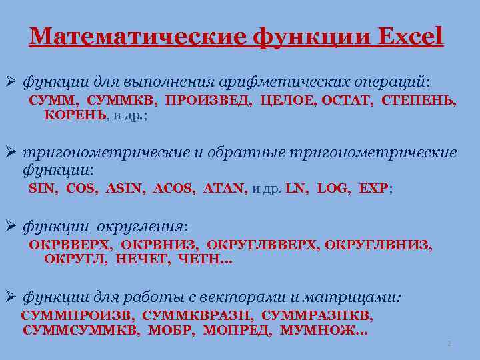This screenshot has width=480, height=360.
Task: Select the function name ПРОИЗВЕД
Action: tap(209, 101)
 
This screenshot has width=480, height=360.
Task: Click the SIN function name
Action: tap(43, 189)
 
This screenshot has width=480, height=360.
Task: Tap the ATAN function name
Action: tap(223, 189)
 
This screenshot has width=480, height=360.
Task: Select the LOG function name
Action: tap(333, 189)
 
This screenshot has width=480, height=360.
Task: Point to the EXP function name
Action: tap(373, 189)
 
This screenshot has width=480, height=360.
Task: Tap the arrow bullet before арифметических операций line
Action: tap(11, 82)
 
